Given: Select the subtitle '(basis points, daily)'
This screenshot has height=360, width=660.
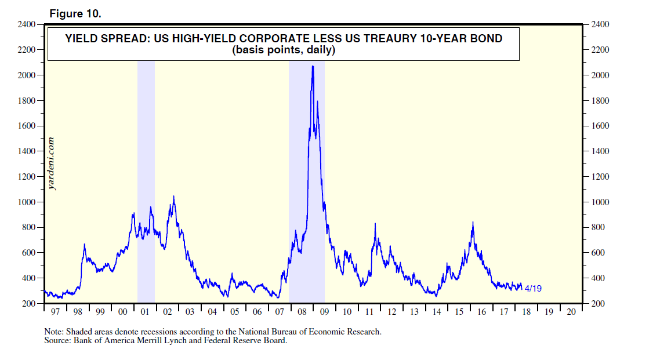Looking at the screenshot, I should (284, 50).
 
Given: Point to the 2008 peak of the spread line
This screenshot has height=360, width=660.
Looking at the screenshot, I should (313, 67).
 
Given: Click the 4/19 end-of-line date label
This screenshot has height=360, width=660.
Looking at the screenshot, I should (533, 288).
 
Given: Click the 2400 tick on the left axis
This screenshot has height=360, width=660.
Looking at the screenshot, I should (27, 24).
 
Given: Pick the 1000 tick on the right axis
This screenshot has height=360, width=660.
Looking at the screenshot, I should (599, 202).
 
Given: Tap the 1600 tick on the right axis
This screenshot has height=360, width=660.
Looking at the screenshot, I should (599, 126).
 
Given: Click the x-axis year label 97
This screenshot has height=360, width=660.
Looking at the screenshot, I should (55, 312).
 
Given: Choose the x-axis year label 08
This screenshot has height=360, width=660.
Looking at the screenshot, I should (302, 312).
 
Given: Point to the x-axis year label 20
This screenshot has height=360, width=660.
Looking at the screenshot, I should (571, 312).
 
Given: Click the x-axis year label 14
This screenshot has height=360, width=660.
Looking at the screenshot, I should (436, 312).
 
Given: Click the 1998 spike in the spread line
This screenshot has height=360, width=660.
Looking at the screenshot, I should (85, 245).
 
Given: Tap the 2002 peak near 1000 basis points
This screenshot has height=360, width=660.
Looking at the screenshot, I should (173, 197).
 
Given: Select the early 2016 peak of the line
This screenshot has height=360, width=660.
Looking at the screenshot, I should (473, 223).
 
